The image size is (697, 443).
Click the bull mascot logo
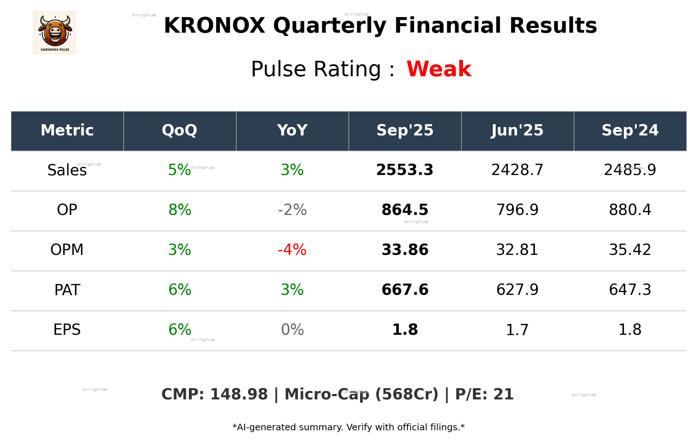54,32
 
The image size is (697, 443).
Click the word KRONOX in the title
214,26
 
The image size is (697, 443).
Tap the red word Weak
439,69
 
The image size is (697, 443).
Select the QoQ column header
179,130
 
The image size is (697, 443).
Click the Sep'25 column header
405,130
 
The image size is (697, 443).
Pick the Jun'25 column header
517,130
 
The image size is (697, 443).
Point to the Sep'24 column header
630,130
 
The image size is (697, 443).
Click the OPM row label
67,250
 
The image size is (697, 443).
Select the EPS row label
67,330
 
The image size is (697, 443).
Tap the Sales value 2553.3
405,170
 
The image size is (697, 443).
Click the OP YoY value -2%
292,210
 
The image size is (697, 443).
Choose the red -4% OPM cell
292,250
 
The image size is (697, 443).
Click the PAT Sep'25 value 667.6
405,290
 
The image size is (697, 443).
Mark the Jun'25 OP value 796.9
517,210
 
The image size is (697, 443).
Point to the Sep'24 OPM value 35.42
630,250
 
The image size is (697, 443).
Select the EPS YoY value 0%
292,330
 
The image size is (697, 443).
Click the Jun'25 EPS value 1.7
517,330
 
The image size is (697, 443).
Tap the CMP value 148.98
239,394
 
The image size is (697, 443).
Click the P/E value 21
503,394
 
